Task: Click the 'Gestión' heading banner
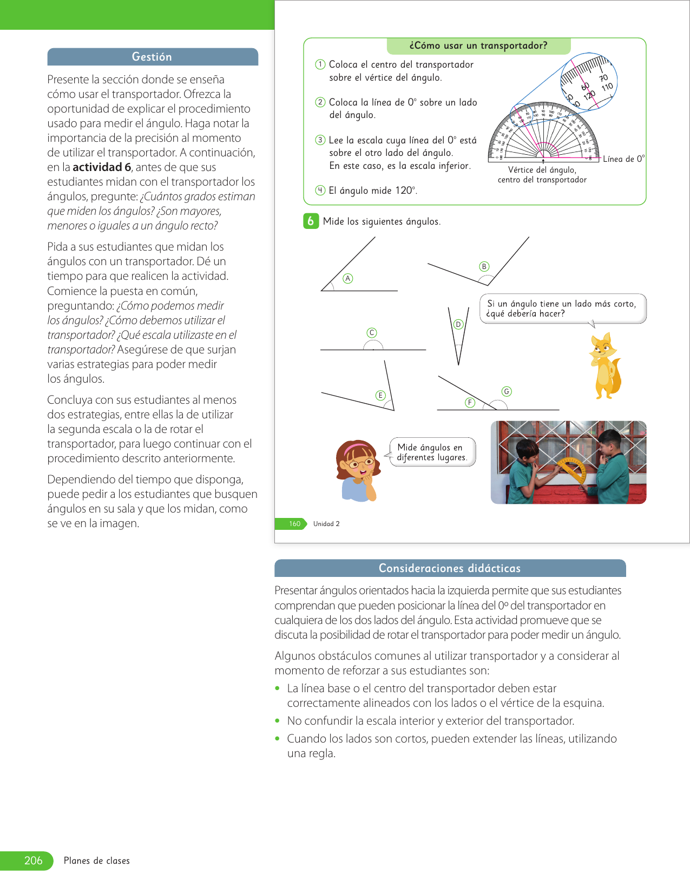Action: coord(152,57)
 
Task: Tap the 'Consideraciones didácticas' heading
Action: coord(450,568)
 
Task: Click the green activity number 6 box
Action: coord(311,221)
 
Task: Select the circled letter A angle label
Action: coord(348,278)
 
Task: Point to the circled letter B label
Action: coord(484,266)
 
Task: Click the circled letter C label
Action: coord(372,332)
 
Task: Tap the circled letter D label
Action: coord(458,324)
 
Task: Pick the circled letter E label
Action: coord(380,395)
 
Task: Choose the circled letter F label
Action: coord(470,402)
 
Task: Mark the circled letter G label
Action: coord(507,391)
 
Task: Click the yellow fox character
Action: coord(605,366)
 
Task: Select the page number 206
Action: coord(33,861)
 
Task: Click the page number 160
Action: coord(294,524)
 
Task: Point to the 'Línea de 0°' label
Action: coord(623,159)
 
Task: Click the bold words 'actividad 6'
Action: coord(102,167)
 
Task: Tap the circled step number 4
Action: coord(320,190)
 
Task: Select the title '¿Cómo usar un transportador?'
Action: coord(478,46)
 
